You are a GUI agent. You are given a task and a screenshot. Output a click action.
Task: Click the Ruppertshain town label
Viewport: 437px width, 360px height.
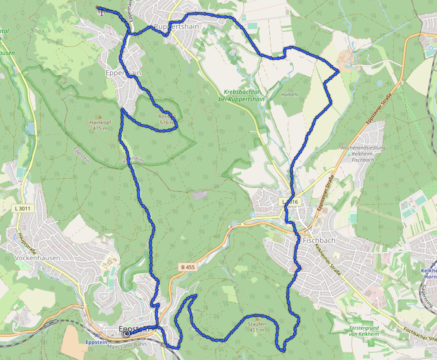174,27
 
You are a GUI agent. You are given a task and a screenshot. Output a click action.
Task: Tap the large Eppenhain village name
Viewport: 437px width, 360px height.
123,73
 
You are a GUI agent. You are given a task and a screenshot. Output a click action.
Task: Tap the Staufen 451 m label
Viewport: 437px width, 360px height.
257,327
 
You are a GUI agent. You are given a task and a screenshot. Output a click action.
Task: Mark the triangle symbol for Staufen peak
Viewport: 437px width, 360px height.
256,319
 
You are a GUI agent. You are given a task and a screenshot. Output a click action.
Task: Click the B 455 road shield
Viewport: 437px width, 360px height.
186,267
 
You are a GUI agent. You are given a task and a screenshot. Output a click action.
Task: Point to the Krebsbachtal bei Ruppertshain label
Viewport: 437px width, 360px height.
245,96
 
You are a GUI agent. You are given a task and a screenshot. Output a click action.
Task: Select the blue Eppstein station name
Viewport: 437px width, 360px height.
97,342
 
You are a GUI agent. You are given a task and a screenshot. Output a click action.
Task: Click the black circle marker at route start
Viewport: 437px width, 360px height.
126,334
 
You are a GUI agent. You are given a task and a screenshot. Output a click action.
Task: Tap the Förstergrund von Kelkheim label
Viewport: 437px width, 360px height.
364,331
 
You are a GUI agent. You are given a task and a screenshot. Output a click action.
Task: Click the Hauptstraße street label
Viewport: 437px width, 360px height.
27,242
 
